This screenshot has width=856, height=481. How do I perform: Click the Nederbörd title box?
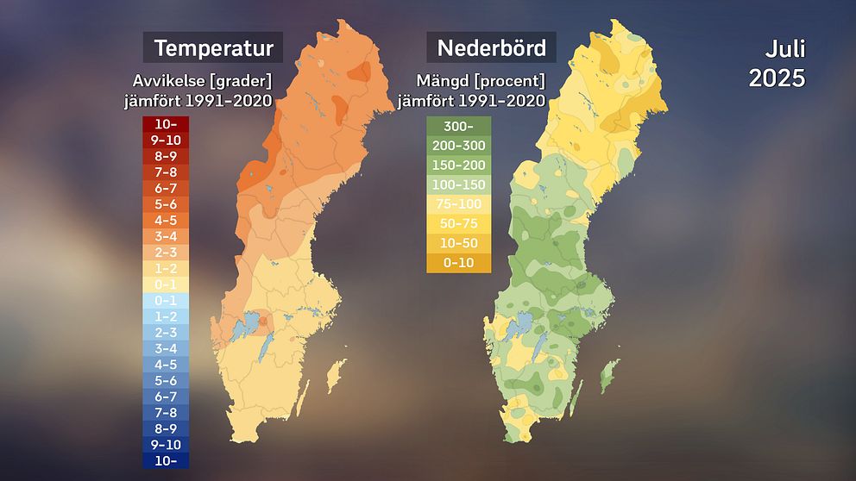(491, 47)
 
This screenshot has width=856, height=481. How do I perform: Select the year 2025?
(777, 78)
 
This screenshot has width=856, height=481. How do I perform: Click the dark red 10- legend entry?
(167, 124)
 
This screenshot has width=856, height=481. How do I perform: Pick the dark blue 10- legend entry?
(167, 460)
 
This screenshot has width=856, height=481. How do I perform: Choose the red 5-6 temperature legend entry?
(167, 204)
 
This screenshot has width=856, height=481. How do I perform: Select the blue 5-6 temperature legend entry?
(167, 380)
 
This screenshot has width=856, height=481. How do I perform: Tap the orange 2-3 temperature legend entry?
(167, 252)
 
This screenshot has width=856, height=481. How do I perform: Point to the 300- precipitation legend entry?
(458, 126)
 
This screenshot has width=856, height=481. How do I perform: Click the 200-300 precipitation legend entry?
(458, 146)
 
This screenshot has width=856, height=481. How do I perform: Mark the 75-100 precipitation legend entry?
(458, 204)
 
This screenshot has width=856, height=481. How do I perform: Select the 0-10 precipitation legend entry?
(458, 263)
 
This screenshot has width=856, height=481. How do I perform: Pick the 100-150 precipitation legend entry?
(458, 184)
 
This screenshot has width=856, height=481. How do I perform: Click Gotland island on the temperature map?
(336, 376)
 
